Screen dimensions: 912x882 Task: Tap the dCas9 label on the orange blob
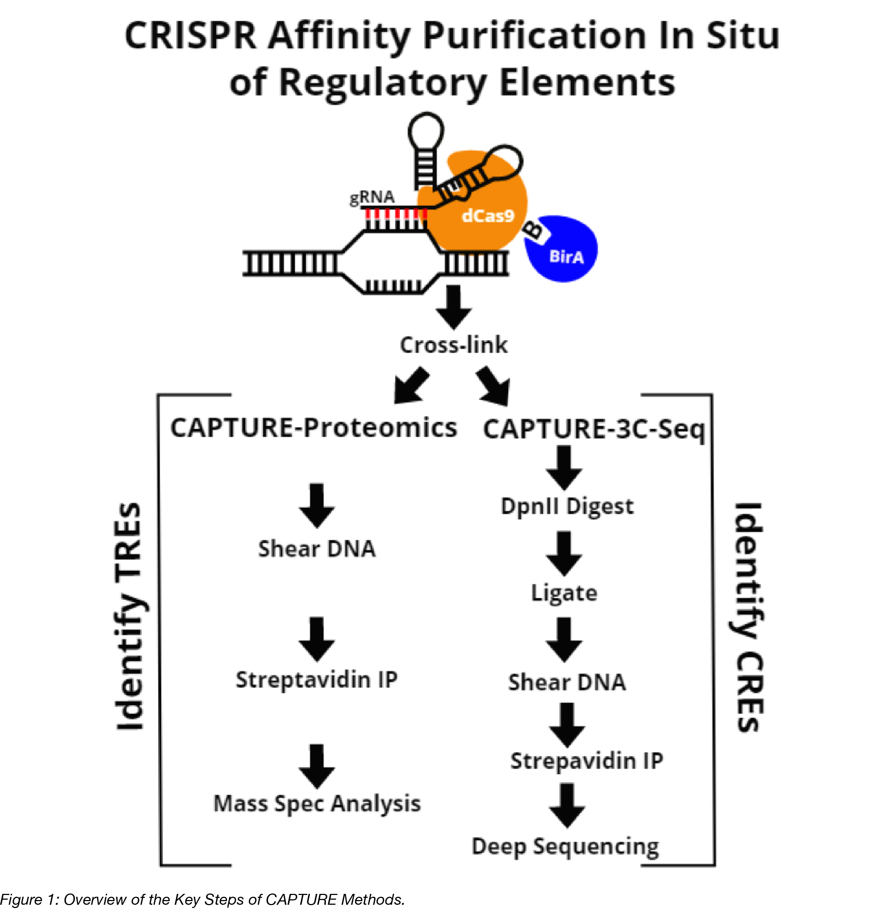(x=488, y=215)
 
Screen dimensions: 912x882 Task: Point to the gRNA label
(x=372, y=197)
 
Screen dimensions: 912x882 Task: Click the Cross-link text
(x=453, y=345)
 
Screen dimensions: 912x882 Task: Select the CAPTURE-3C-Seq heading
(x=594, y=429)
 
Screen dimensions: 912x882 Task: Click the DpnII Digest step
(x=567, y=506)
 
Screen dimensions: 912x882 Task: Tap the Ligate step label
(x=564, y=593)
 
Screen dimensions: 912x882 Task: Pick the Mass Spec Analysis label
(x=317, y=804)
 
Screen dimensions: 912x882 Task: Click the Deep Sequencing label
(x=565, y=846)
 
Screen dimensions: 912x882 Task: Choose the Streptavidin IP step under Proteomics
(x=316, y=680)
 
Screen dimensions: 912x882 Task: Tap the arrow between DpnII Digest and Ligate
(x=564, y=553)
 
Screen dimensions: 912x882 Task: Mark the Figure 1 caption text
(x=202, y=899)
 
